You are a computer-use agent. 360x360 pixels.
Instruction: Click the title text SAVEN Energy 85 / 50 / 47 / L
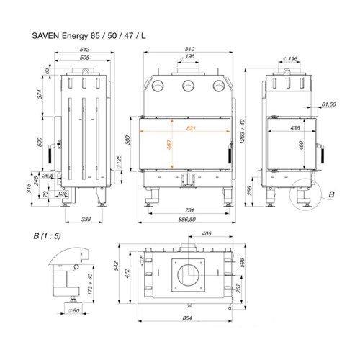pos(89,36)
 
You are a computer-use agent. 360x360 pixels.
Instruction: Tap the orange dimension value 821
pos(191,128)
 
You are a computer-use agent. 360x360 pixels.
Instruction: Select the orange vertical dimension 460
pos(169,145)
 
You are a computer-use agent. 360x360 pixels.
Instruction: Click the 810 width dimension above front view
pos(189,49)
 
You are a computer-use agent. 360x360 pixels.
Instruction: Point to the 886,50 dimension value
pos(187,219)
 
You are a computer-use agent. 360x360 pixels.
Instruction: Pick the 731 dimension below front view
pos(189,210)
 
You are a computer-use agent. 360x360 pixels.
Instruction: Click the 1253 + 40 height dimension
pos(243,131)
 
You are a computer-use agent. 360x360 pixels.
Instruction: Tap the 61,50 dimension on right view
pos(329,104)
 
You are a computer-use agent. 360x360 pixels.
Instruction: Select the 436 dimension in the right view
pos(295,128)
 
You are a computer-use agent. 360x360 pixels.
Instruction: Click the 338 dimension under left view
pos(86,219)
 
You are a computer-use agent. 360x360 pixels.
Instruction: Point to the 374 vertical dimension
pos(40,94)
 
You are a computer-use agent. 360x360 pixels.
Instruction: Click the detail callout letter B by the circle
pos(331,194)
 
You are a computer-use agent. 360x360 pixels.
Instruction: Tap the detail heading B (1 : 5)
pos(47,236)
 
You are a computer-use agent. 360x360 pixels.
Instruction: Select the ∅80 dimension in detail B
pos(74,310)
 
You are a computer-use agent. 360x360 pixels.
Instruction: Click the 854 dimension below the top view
pos(187,318)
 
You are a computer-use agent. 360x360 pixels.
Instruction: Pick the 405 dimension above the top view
pos(207,233)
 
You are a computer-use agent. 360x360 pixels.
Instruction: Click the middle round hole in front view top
pos(188,86)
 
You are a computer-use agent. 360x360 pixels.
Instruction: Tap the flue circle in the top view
pos(188,275)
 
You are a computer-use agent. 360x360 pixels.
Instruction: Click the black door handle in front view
pos(230,155)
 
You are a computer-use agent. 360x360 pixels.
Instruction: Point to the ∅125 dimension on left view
pos(119,161)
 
